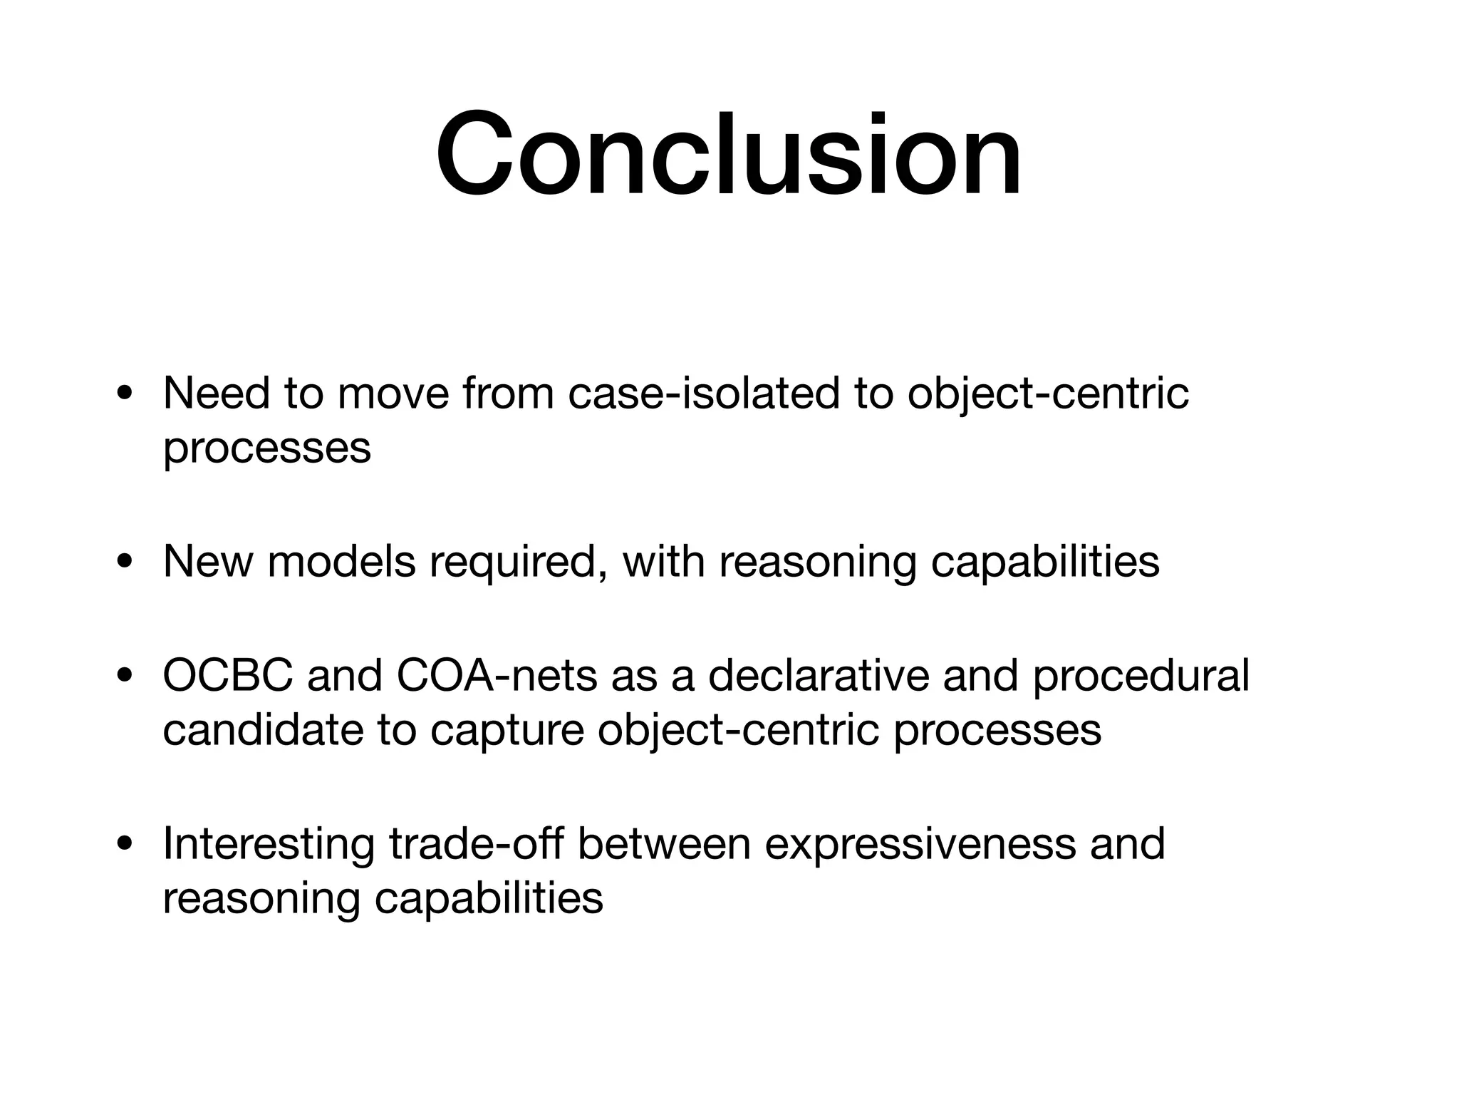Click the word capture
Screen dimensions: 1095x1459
(x=507, y=731)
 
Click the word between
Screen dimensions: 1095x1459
(x=664, y=843)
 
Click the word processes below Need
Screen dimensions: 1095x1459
(x=266, y=448)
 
